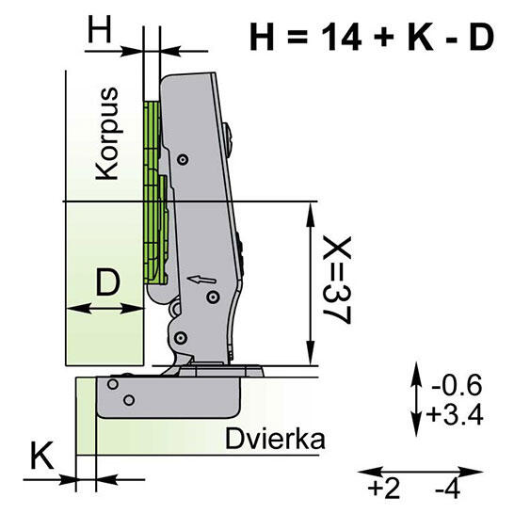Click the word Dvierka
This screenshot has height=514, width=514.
275,439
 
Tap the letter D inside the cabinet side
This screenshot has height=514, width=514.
108,282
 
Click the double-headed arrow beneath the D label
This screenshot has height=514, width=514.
104,308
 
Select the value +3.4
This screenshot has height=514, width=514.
456,413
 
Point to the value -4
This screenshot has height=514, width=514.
448,489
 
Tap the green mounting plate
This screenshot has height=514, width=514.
153,188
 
